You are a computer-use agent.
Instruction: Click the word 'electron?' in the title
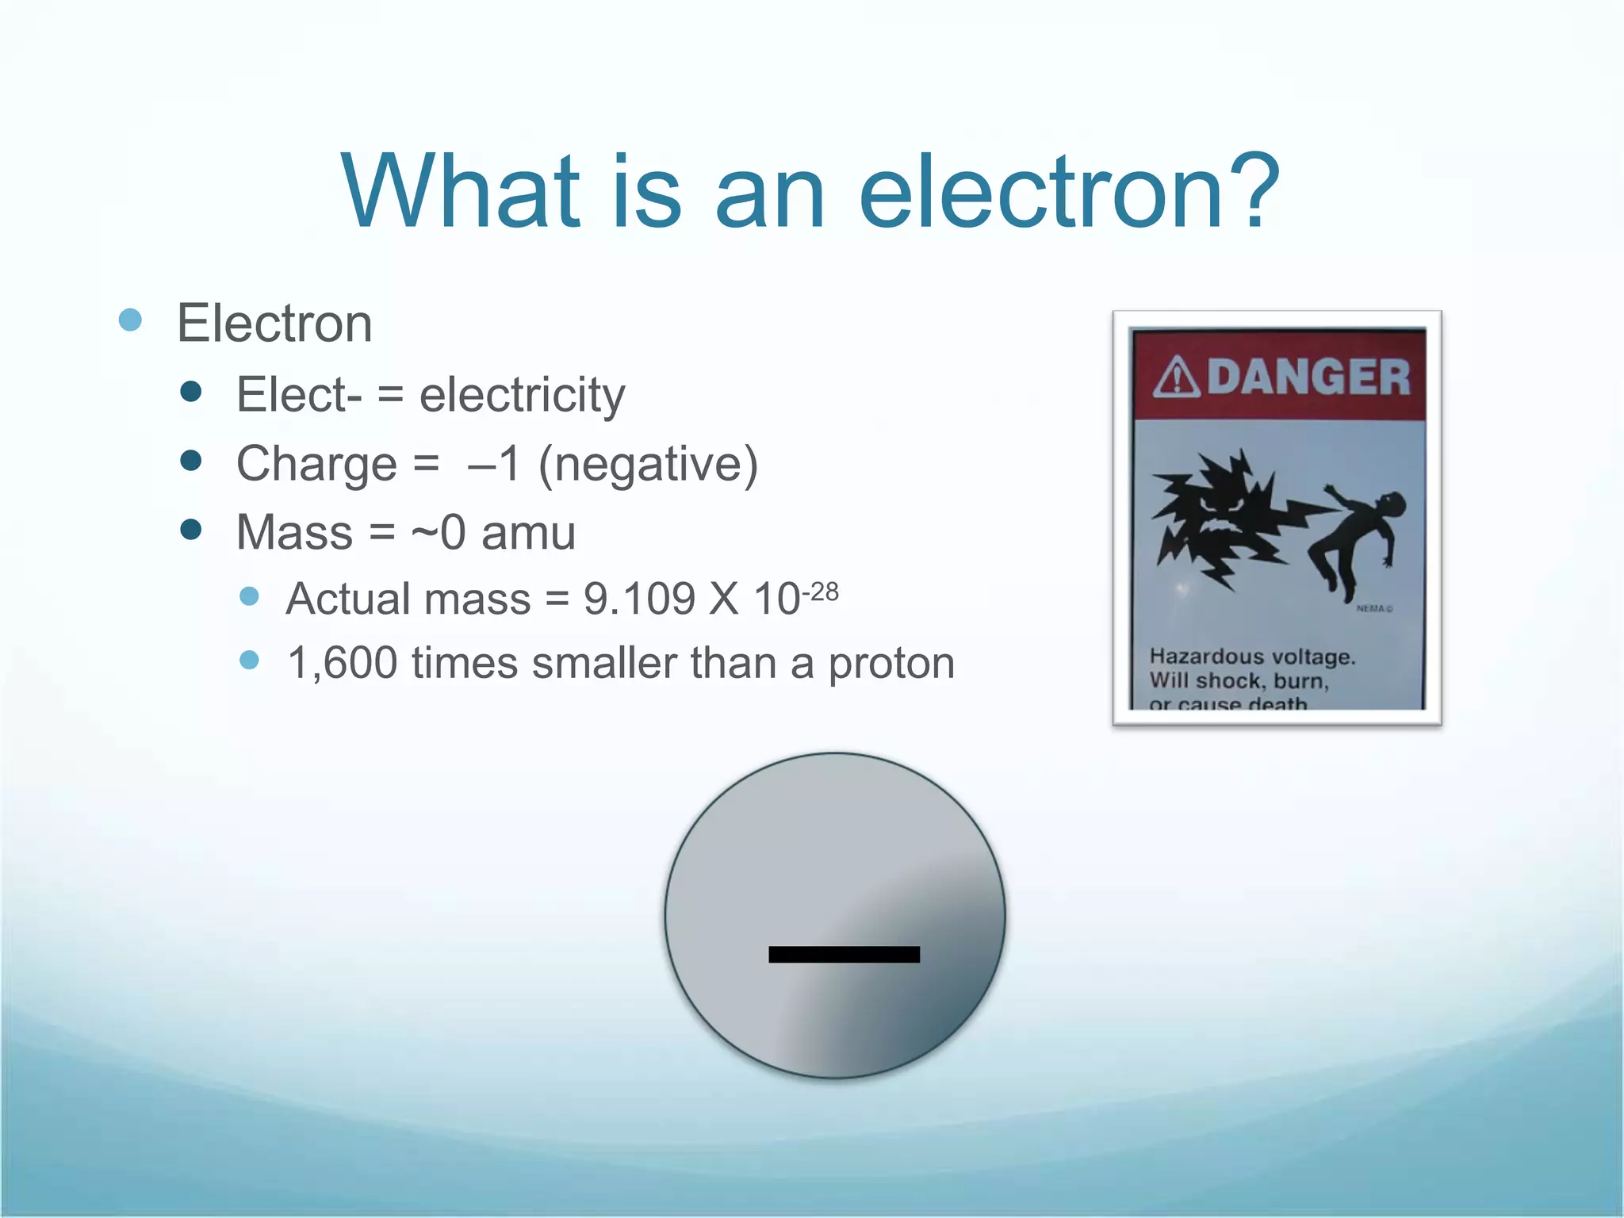click(1070, 193)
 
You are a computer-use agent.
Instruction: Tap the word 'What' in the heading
click(461, 193)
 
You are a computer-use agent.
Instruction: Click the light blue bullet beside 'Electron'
click(130, 320)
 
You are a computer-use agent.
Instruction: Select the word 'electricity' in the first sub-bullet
click(522, 396)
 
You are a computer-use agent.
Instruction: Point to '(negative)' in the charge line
click(648, 465)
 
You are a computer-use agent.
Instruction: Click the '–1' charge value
click(493, 465)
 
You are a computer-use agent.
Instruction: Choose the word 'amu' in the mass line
click(528, 533)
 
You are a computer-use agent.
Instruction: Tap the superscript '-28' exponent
click(820, 592)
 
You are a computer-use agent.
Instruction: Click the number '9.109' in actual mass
click(639, 599)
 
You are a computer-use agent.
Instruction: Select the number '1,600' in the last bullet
click(342, 663)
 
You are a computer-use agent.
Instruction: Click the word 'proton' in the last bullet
click(891, 664)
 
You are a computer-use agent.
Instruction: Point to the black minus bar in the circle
click(844, 954)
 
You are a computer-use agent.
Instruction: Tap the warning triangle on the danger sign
click(1177, 377)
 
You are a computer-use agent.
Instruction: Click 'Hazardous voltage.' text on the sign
click(1252, 657)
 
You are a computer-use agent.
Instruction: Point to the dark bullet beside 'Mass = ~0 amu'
click(190, 530)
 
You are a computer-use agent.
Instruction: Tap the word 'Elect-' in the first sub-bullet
click(299, 396)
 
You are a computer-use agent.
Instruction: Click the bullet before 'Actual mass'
click(249, 596)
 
